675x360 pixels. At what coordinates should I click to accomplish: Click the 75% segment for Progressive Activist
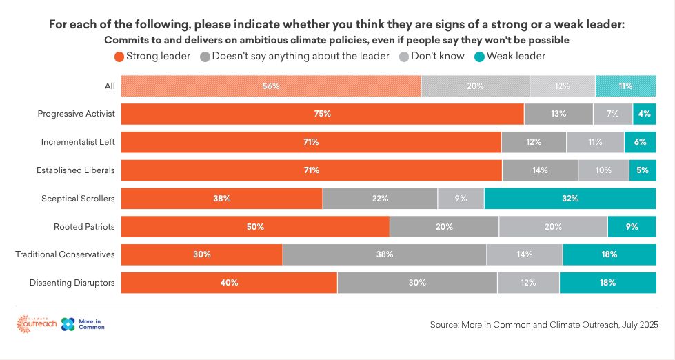tap(323, 114)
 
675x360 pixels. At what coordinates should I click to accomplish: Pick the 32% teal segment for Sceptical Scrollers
tap(570, 199)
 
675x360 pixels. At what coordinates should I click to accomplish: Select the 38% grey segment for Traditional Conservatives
tap(385, 254)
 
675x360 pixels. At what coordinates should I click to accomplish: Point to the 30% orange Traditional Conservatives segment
tap(202, 254)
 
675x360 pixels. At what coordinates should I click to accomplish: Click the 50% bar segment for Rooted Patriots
tap(256, 226)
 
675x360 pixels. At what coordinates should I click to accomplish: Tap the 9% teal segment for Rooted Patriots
tap(632, 226)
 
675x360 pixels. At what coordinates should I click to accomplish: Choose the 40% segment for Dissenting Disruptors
tap(230, 283)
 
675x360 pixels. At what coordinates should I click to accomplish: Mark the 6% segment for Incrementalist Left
tap(640, 142)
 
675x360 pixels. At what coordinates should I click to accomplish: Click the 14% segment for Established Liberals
tap(540, 170)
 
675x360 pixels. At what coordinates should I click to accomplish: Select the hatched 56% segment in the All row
tap(271, 86)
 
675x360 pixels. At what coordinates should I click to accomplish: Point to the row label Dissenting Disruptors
tap(72, 283)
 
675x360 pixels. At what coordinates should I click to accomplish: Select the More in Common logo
tap(83, 324)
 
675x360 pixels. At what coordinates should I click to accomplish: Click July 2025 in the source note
tap(639, 324)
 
